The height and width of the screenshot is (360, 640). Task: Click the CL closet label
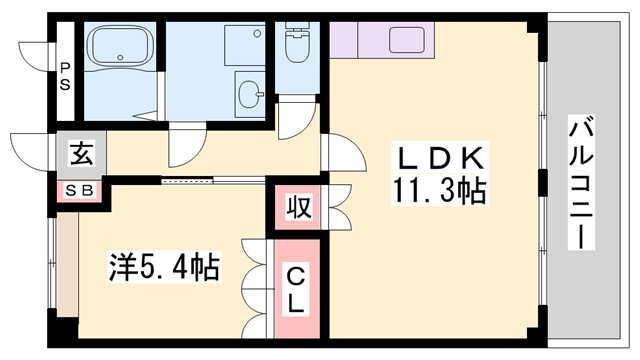[298, 286]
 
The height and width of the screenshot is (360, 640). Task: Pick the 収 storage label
[298, 208]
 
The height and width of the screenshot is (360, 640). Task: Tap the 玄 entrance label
[79, 155]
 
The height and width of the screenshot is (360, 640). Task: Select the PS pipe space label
[64, 76]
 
